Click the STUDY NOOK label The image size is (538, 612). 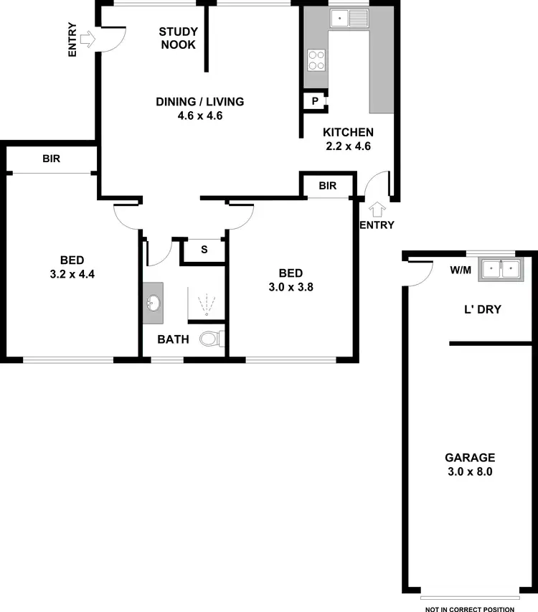(179, 37)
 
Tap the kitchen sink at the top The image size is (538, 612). (349, 18)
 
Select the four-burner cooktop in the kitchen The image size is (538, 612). (315, 60)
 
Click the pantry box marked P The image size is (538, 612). (314, 102)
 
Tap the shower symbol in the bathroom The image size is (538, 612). (206, 304)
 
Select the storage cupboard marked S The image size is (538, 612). (204, 250)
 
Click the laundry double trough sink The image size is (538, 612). (499, 269)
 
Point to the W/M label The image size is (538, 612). (461, 270)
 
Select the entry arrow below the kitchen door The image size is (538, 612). (377, 209)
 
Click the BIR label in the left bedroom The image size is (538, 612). (51, 159)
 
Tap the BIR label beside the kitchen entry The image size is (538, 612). (328, 186)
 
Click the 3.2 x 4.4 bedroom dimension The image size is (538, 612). (72, 273)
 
